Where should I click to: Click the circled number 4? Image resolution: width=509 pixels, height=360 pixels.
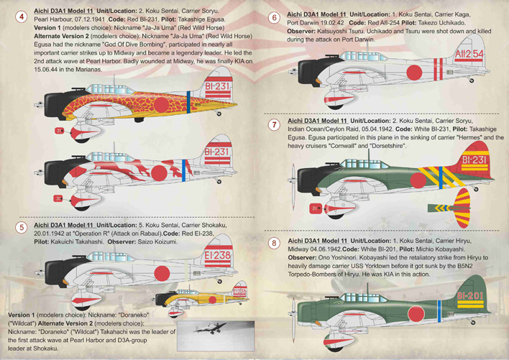coord(22,17)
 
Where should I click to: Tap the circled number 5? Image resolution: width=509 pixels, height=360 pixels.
coord(22,227)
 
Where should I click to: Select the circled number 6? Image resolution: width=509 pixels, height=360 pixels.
coord(275,17)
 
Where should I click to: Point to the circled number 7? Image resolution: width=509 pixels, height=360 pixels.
coord(275,124)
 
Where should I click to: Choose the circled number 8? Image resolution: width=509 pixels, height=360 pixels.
coord(275,244)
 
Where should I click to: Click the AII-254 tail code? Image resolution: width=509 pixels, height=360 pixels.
coord(469,54)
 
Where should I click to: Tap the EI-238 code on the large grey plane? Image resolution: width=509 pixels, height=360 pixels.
coord(218,256)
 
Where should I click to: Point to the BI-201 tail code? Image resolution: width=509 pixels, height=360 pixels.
coord(470,296)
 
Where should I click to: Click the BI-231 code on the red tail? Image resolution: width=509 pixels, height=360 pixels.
coord(474,160)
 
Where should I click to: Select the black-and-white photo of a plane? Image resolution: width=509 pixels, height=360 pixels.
coord(216,336)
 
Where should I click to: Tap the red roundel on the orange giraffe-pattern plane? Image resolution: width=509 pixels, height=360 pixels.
coord(161,104)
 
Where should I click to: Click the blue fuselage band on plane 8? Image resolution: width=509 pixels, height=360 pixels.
coord(439,311)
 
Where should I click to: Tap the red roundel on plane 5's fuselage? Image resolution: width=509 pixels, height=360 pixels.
coord(162,273)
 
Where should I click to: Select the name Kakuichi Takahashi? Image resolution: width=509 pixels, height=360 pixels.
coord(77,241)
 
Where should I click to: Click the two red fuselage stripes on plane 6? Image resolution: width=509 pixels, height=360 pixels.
coord(439,69)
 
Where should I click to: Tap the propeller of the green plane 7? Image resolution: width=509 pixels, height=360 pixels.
coord(293,186)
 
